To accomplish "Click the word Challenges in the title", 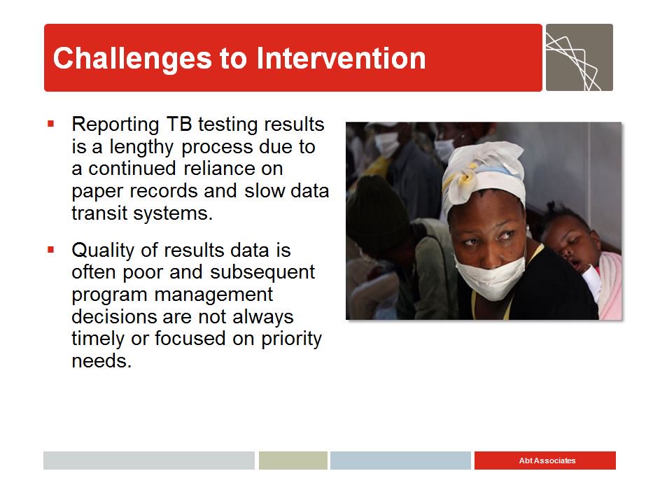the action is click(132, 59).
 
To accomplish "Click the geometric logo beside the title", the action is click(580, 57).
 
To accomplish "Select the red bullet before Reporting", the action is click(51, 124).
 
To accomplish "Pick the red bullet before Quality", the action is click(51, 250).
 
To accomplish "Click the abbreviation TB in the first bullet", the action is click(179, 124).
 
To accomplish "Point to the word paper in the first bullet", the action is click(97, 192).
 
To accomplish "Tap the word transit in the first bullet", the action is click(99, 213).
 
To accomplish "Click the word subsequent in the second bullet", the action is click(262, 273).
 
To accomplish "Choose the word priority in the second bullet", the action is click(291, 339).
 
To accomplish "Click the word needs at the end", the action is click(101, 361).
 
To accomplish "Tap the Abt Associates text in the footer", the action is click(547, 461).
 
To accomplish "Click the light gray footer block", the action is click(149, 461).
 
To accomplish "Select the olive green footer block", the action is click(293, 461).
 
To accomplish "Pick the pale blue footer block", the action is click(400, 461).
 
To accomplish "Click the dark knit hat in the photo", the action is click(376, 211).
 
